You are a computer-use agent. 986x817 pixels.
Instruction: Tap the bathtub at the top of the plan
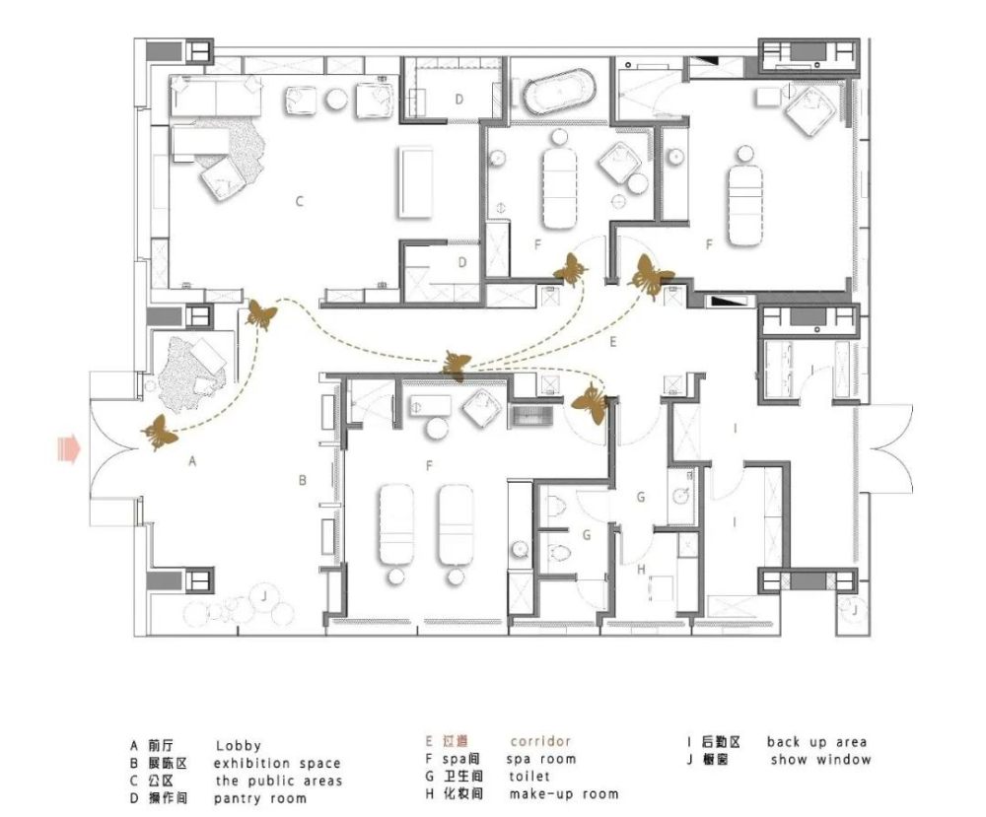point(558,92)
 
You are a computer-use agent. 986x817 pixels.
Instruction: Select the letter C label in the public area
point(300,202)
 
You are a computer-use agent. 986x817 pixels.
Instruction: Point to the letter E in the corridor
point(613,343)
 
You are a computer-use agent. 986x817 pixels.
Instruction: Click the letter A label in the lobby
point(192,461)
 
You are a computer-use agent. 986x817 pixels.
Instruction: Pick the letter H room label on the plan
point(641,570)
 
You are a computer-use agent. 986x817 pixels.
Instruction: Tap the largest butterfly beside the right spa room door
point(650,277)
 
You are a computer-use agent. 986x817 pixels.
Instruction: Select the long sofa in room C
point(216,96)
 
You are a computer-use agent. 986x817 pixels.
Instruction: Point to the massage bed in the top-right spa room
point(745,200)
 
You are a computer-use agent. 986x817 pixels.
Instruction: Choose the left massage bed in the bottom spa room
point(396,524)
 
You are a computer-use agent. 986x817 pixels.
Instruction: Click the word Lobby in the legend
point(239,746)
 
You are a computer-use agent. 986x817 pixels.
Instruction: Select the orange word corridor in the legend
point(540,741)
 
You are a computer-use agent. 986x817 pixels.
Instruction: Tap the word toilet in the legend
point(529,777)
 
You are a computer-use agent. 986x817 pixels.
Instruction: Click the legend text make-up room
point(563,793)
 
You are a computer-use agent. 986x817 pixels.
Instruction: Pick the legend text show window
point(820,760)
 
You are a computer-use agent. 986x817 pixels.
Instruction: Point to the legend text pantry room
point(260,799)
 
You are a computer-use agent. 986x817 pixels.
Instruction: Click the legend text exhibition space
point(277,764)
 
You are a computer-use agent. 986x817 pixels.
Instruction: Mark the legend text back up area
point(816,742)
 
